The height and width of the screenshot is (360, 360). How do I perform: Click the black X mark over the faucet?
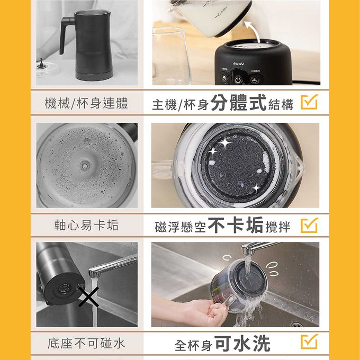(88, 296)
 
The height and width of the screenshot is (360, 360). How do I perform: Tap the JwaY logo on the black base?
(239, 64)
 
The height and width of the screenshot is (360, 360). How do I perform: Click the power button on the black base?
(238, 80)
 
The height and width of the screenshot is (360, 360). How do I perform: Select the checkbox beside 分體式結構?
(310, 102)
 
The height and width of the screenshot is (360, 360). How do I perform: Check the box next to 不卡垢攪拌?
(310, 225)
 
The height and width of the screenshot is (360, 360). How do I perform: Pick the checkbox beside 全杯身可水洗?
(310, 341)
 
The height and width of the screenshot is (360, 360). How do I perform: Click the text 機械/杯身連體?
(86, 103)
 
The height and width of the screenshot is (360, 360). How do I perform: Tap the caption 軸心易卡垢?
(86, 225)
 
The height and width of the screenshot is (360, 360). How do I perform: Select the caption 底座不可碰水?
(86, 344)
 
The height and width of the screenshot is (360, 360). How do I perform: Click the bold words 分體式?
(238, 102)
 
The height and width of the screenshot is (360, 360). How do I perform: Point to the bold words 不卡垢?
(236, 225)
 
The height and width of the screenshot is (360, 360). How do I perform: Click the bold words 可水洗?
(242, 343)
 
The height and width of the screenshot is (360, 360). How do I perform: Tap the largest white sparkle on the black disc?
(225, 143)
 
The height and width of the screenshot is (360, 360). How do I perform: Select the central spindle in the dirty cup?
(85, 166)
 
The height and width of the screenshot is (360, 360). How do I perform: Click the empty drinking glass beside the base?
(171, 56)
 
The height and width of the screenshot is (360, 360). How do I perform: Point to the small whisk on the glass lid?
(41, 63)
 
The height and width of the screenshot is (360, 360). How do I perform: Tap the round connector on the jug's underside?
(64, 288)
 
